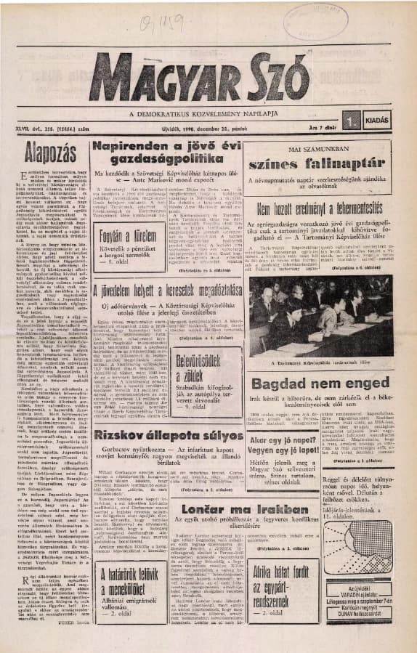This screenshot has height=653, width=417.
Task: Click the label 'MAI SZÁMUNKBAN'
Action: (317, 147)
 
